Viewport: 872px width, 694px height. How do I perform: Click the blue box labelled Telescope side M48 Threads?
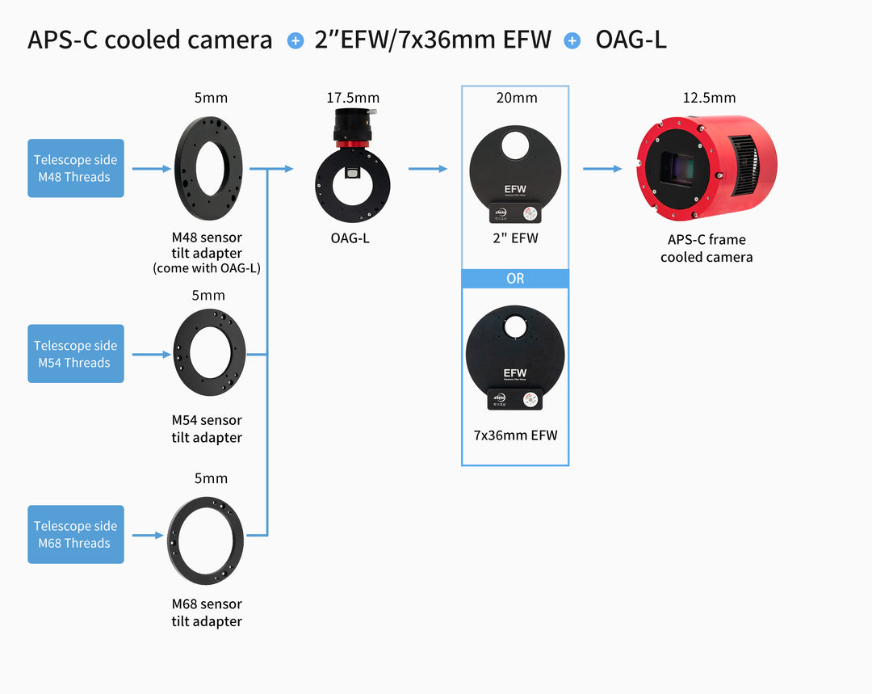coord(76,168)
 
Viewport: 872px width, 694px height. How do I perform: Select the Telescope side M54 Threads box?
coord(76,354)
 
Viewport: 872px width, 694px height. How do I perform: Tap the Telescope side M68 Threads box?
coord(76,534)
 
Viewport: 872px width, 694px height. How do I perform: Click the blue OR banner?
coord(515,279)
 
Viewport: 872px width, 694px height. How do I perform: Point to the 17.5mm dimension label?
coord(353,98)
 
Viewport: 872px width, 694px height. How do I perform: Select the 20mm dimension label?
coord(516,98)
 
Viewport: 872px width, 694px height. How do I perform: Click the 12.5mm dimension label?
coord(709,98)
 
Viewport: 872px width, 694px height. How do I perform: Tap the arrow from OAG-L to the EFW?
coord(428,169)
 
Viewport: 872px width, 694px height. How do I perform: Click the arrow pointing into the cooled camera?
coord(602,169)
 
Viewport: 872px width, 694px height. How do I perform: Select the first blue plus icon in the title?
coord(295,40)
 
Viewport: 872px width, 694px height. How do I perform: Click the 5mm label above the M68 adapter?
coord(211,478)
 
